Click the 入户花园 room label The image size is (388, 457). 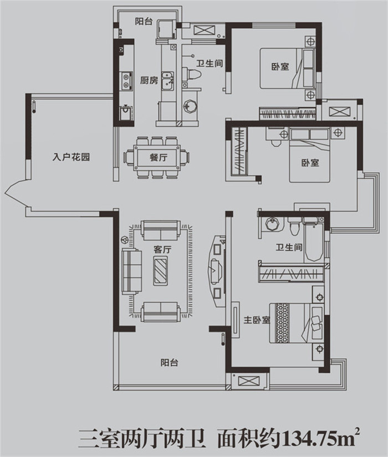click(x=71, y=157)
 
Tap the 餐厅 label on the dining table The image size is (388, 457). click(x=159, y=158)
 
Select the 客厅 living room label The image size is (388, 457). click(x=162, y=249)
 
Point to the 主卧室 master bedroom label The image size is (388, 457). click(x=257, y=320)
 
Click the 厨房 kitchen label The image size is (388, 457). click(x=149, y=80)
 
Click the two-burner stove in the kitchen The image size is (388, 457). click(x=126, y=81)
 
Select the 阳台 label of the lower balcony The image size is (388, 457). click(x=169, y=363)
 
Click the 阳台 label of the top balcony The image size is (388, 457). click(x=144, y=21)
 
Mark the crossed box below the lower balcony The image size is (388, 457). click(x=248, y=381)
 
